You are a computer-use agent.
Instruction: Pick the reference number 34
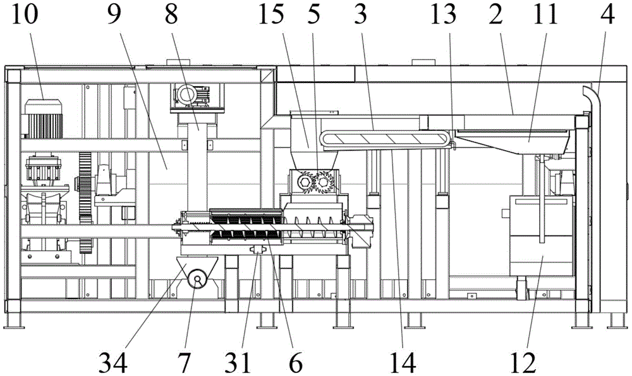tap(113, 362)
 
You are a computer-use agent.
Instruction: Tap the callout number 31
tap(238, 362)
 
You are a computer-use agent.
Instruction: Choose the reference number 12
tap(523, 362)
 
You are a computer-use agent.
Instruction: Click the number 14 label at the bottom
tap(403, 362)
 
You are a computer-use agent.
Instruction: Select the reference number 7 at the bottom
tap(183, 362)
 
